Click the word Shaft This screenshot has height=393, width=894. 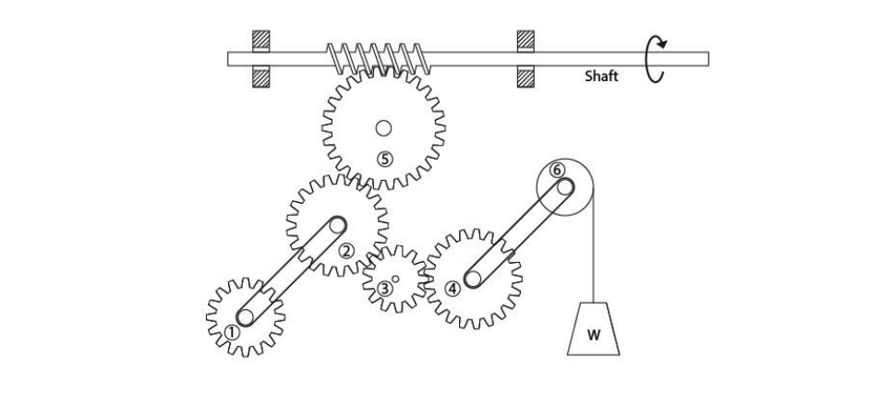[601, 77]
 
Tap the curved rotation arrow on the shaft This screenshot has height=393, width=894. [656, 59]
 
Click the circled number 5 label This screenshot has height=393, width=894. [384, 159]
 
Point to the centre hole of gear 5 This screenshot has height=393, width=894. [384, 127]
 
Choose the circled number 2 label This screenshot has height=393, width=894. [346, 250]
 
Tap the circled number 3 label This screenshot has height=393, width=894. [384, 288]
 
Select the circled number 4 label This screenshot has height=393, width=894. [453, 288]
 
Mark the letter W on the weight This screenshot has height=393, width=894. [593, 335]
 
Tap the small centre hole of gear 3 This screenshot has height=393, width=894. [395, 277]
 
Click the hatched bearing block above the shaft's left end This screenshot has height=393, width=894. [261, 41]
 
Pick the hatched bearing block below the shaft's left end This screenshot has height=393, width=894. [261, 77]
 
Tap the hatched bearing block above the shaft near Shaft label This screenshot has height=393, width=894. [526, 41]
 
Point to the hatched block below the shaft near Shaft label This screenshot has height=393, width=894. [526, 77]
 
